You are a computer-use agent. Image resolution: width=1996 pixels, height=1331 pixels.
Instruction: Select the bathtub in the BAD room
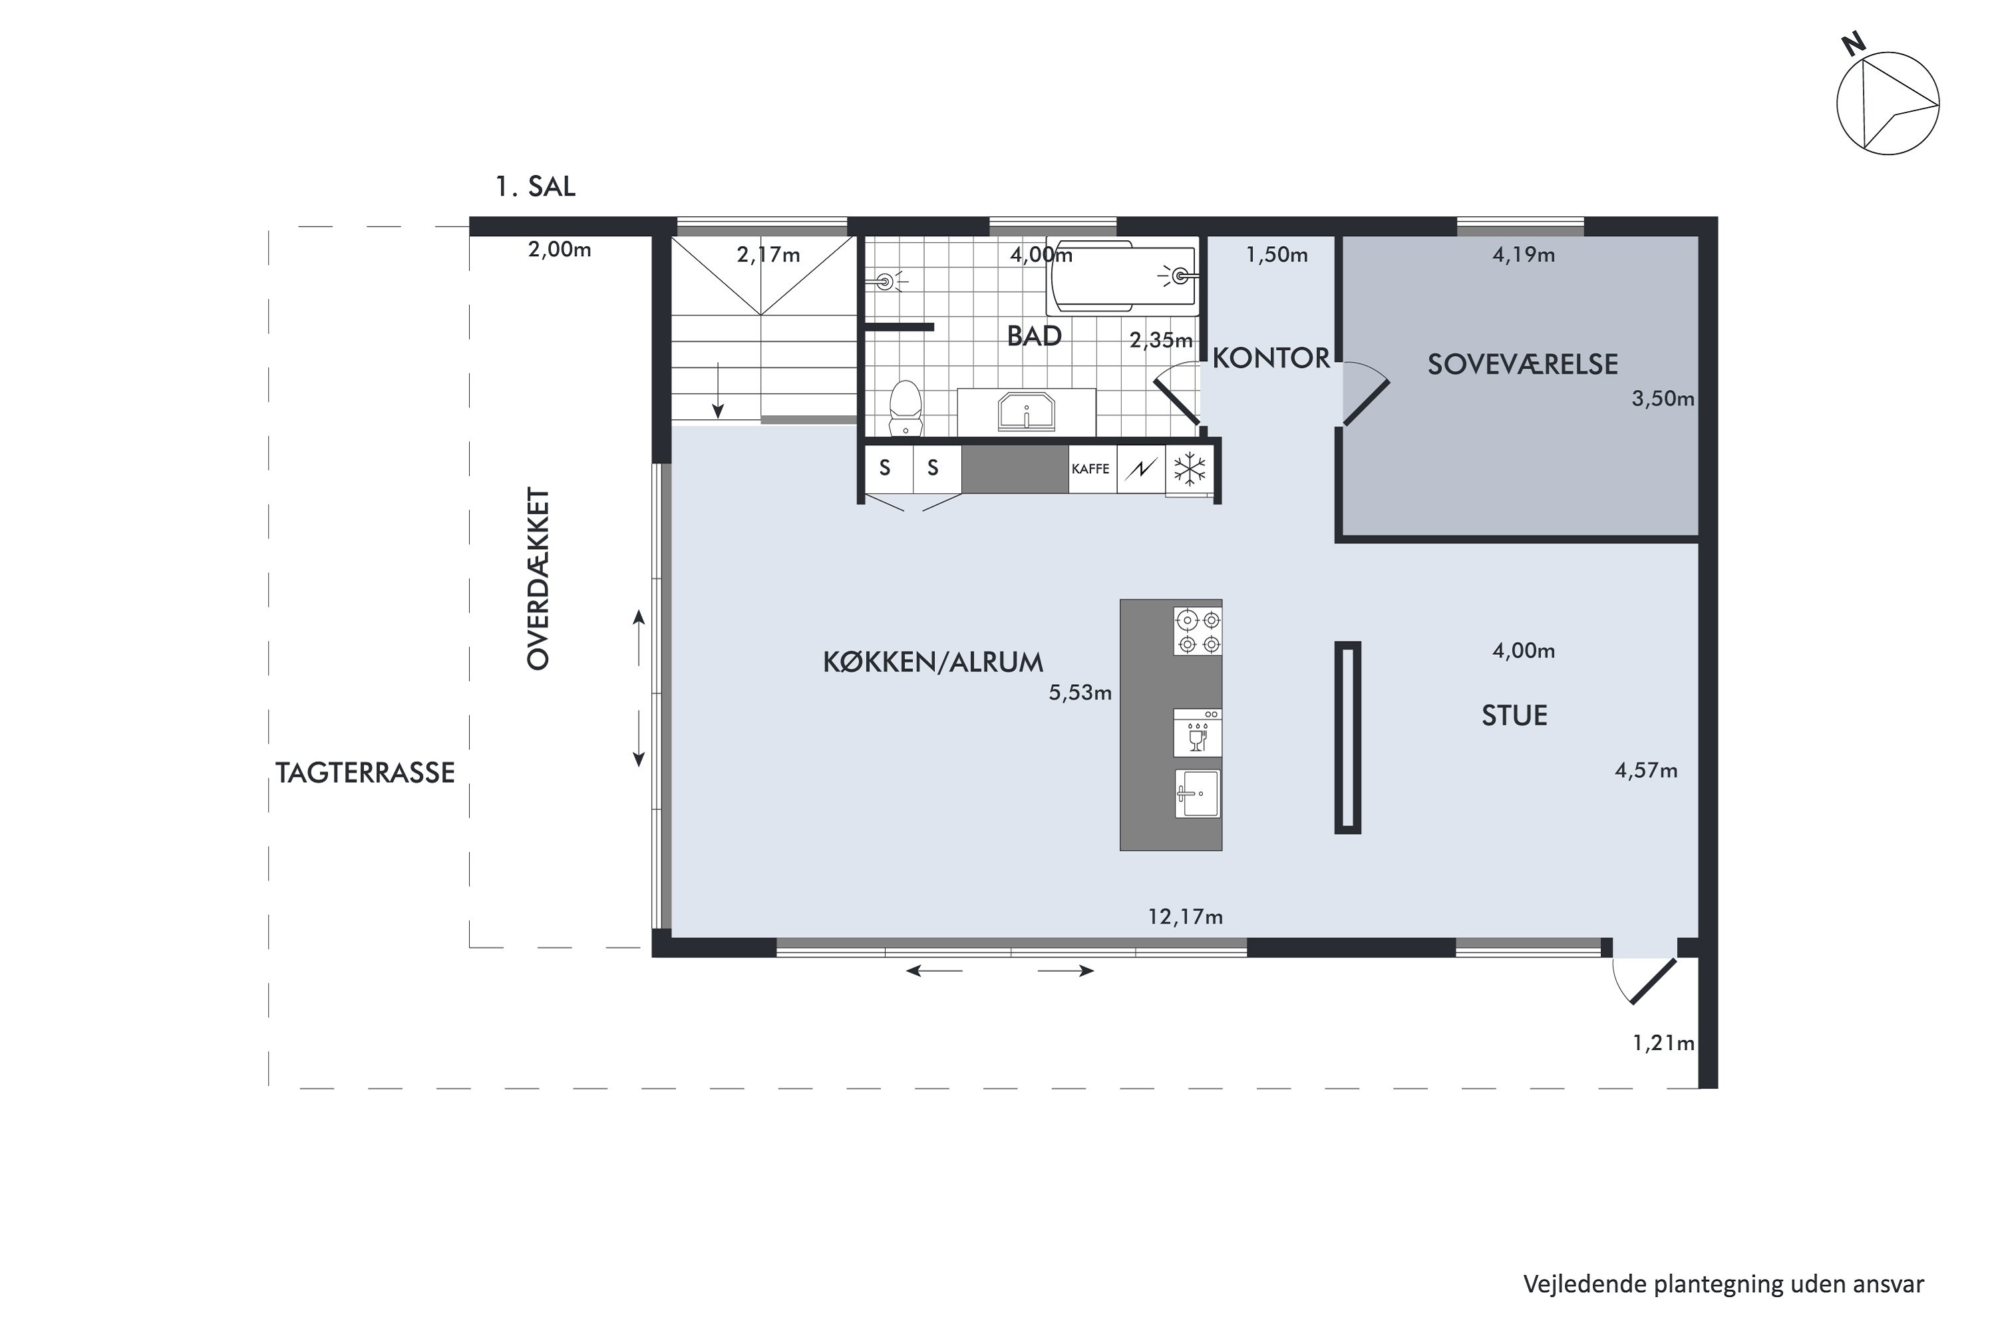1123,277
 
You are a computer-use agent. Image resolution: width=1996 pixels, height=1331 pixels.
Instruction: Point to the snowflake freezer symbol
1190,469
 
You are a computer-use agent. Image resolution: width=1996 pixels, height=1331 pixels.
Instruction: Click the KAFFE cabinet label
1090,469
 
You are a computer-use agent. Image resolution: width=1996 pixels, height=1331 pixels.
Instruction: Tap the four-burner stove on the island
1198,632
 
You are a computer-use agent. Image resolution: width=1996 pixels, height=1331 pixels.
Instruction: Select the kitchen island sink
1198,795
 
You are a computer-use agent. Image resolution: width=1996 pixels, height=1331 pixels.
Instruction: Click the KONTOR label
1270,358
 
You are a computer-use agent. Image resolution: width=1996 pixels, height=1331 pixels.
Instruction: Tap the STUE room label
1515,715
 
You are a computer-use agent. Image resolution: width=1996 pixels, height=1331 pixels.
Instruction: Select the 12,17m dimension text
1186,917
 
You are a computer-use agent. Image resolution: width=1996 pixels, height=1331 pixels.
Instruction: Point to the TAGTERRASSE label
365,773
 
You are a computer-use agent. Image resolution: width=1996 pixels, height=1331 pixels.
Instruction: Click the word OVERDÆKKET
539,578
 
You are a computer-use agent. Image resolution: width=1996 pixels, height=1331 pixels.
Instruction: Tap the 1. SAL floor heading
536,186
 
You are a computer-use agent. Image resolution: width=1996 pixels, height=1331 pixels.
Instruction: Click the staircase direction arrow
718,391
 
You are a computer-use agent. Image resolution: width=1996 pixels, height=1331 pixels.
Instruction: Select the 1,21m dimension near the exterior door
1663,1044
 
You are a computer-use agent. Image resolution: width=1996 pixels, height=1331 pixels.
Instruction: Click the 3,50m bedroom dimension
1663,399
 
